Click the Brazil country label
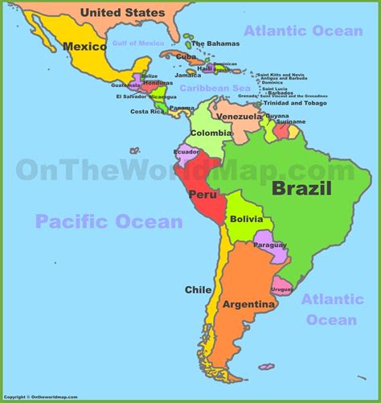(301, 190)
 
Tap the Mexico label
(85, 46)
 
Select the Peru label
(202, 194)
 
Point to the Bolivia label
(246, 219)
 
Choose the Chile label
(199, 290)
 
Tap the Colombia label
(212, 134)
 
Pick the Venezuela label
(240, 117)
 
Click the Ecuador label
(186, 151)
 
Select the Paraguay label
(270, 245)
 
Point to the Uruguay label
(281, 289)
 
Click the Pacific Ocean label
(109, 221)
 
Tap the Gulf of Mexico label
(138, 42)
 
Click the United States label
(123, 12)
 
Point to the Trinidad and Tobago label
(297, 104)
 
